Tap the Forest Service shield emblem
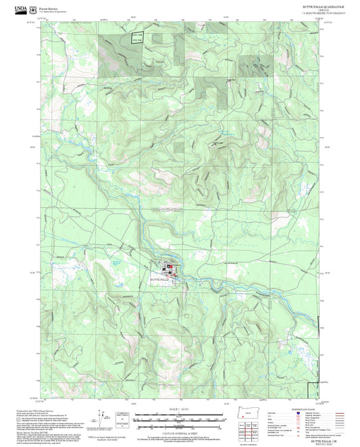pyautogui.click(x=33, y=9)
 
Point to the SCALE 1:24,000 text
pyautogui.click(x=179, y=409)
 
